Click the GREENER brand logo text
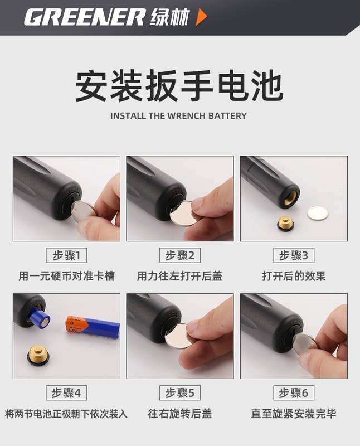point(85,17)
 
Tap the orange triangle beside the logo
point(201,17)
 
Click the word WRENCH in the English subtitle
point(186,116)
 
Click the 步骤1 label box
point(66,255)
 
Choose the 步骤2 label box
point(180,255)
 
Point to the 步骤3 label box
point(294,255)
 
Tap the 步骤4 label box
point(66,393)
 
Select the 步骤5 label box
point(180,393)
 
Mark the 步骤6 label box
point(294,393)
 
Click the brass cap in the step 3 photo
point(285,224)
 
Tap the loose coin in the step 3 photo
point(318,212)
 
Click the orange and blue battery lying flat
point(93,327)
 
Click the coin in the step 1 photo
point(84,211)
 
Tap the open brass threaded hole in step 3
point(290,196)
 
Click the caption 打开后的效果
point(294,276)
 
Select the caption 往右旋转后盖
point(180,414)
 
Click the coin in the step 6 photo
point(304,344)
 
